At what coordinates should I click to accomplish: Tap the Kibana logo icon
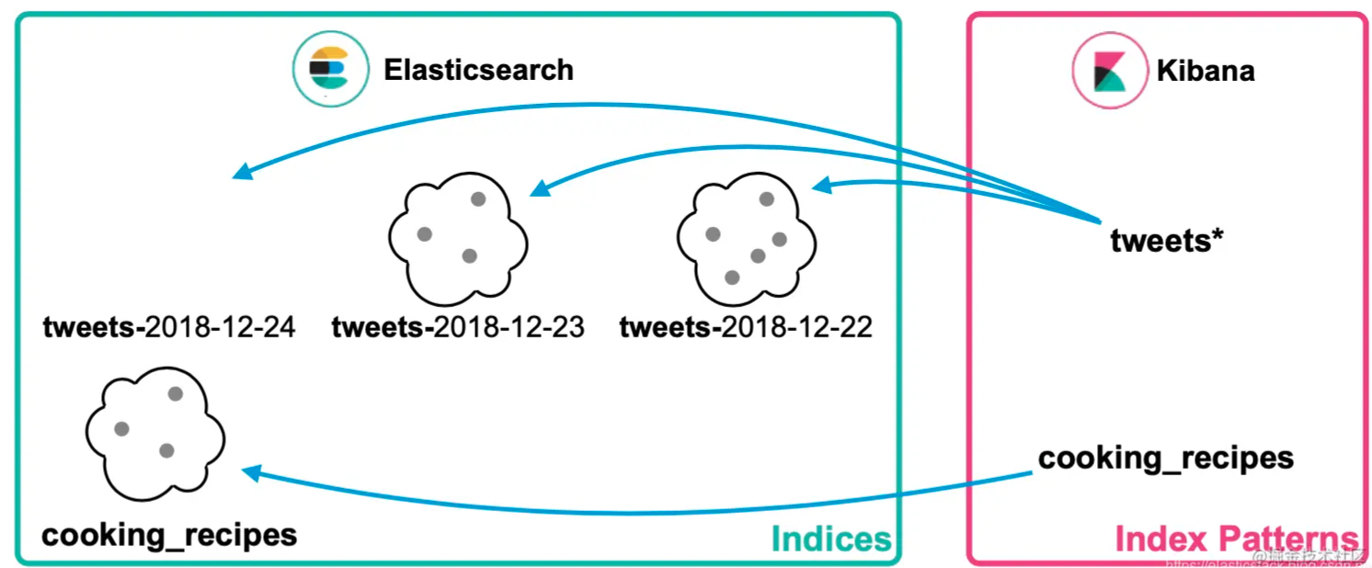pos(1109,71)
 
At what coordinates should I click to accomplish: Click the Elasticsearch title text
pos(478,70)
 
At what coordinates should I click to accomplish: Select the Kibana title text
pos(1205,71)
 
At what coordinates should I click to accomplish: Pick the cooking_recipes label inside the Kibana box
pos(1165,458)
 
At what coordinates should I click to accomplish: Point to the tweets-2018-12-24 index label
pos(169,326)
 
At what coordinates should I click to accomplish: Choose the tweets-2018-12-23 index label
pos(458,326)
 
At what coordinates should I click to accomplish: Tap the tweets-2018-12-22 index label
pos(746,326)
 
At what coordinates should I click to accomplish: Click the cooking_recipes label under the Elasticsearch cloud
pos(169,535)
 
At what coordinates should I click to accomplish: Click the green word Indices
pos(830,540)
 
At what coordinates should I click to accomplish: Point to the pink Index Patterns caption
pos(1236,540)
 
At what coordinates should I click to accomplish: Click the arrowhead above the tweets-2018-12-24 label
pos(240,172)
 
